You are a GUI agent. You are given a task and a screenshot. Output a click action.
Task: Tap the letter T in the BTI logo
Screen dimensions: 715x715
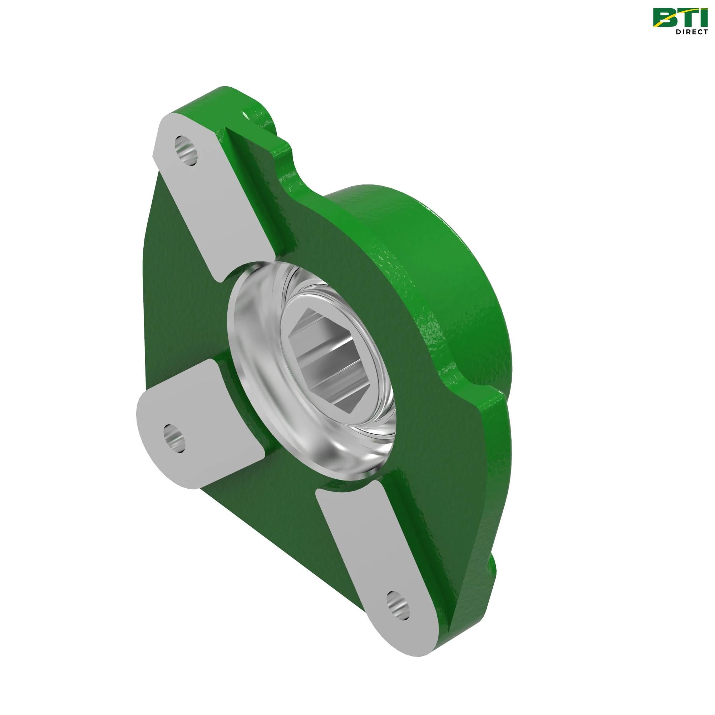pyautogui.click(x=685, y=18)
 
